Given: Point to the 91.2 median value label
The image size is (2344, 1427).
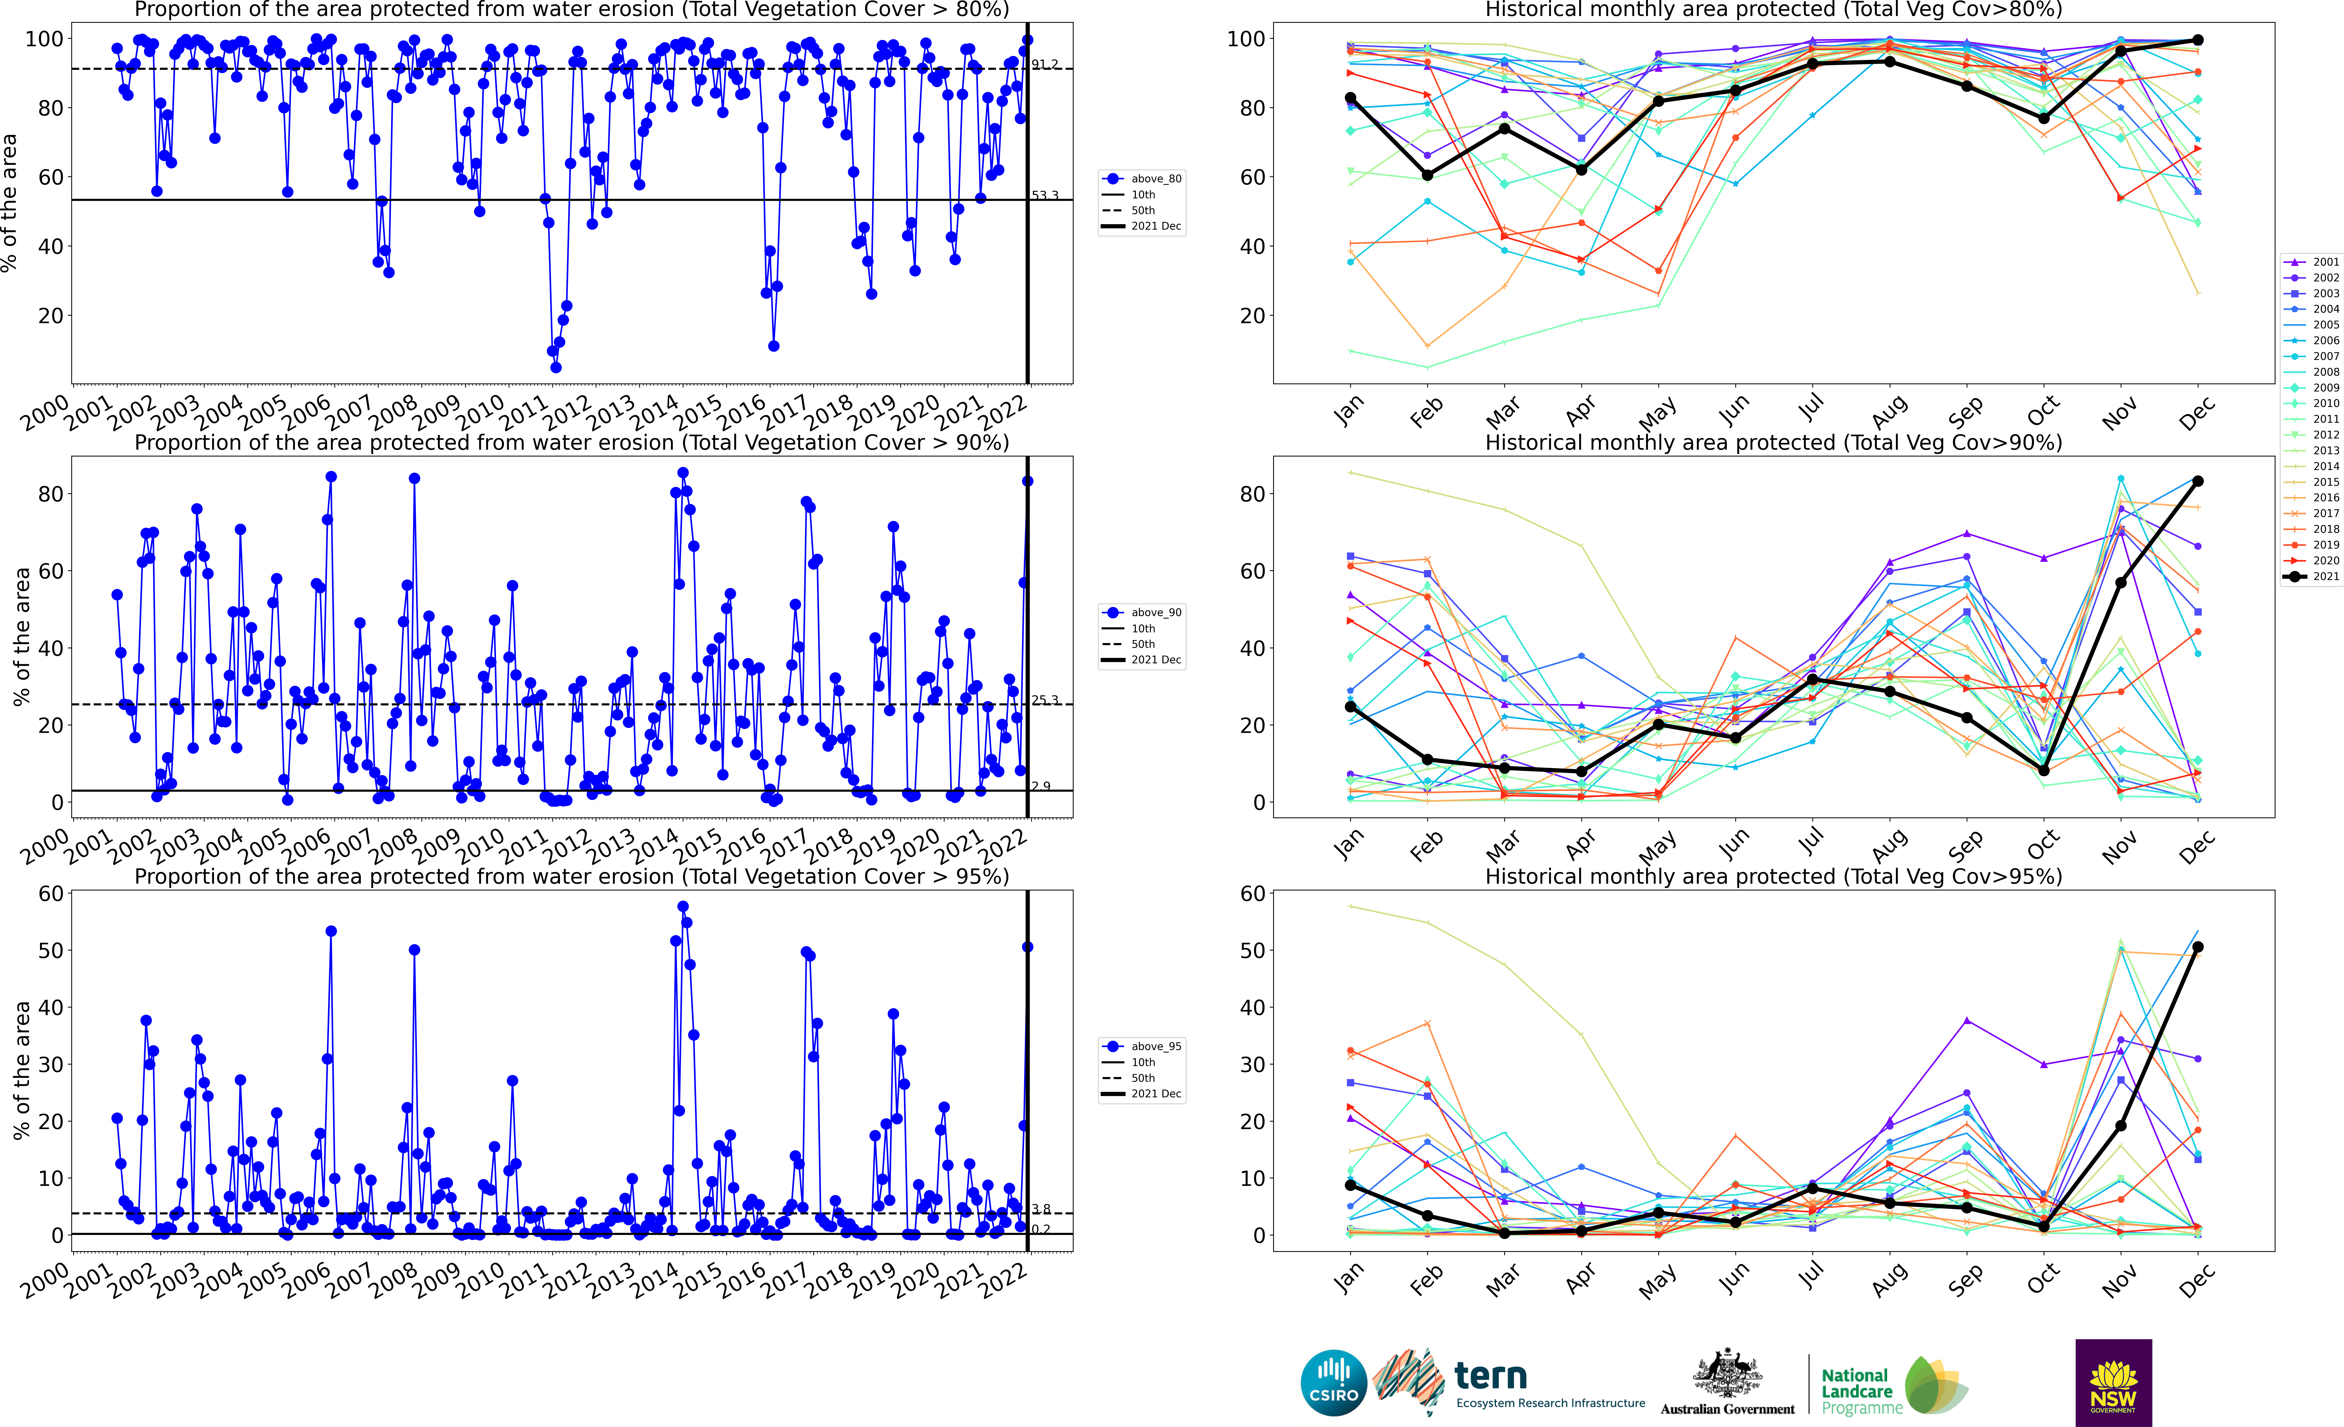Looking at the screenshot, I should click(x=1045, y=64).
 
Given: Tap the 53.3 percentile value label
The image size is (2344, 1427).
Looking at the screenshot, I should click(x=1045, y=195).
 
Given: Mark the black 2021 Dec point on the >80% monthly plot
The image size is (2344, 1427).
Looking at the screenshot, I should click(x=2197, y=40).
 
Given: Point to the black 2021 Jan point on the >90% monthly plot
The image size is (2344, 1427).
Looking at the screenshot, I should click(x=1351, y=707).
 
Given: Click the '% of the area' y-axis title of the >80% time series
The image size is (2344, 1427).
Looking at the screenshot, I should click(x=10, y=203).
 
